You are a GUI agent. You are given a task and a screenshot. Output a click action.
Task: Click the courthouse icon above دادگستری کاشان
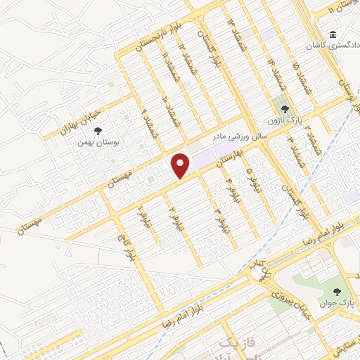[333, 34]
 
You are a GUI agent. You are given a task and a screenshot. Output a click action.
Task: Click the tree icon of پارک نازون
[285, 110]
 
